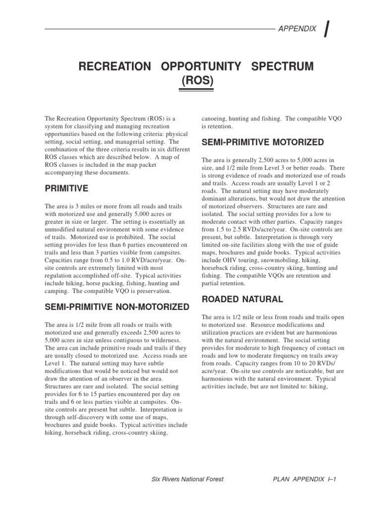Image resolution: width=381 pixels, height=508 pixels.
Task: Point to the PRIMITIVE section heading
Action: pos(66,189)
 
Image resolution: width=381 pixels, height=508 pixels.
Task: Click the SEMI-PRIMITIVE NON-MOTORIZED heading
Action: pos(117,307)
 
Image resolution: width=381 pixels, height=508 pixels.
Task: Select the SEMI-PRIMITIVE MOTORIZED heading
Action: pos(262,143)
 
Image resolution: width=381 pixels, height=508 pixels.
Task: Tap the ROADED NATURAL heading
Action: pos(242,299)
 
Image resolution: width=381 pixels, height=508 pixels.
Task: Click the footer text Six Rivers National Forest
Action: pos(187,479)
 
